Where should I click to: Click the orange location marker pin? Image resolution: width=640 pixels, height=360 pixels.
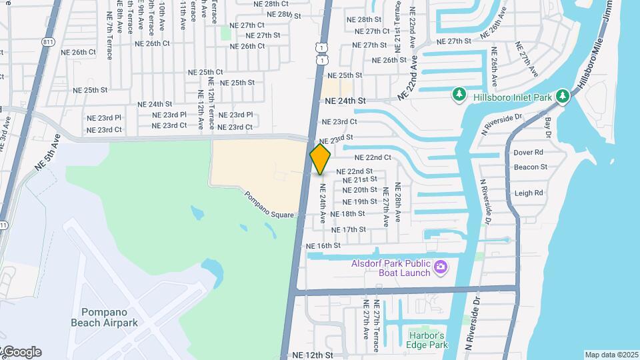click(x=321, y=159)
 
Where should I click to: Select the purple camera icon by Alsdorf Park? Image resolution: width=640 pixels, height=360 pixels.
click(x=440, y=267)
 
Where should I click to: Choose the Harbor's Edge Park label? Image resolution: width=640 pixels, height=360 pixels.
click(x=427, y=339)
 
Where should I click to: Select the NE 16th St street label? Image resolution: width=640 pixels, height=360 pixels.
click(x=323, y=245)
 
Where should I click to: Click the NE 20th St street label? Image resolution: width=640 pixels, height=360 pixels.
click(x=360, y=190)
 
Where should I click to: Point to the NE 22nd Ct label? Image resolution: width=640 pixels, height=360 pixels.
click(x=373, y=158)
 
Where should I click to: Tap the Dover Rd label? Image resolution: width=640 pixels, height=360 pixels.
click(x=529, y=153)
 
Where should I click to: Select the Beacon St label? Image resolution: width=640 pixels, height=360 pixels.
click(x=531, y=167)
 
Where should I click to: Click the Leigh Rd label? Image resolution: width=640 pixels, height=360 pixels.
click(x=529, y=193)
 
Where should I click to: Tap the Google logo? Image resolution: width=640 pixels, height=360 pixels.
click(x=21, y=352)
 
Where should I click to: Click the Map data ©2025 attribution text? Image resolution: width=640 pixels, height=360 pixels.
click(x=611, y=355)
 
